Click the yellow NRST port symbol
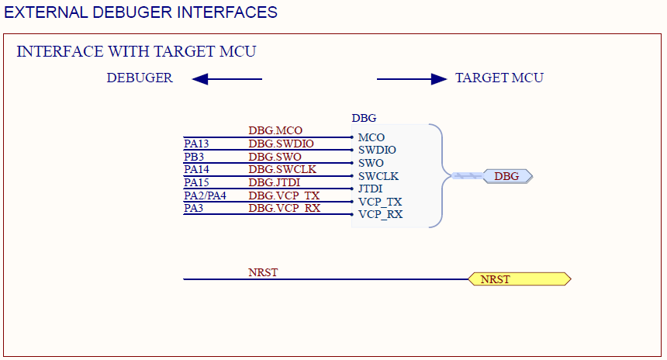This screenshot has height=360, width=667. coord(520,279)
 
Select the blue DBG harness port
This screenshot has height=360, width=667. coord(507,176)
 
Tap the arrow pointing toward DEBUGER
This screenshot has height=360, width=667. coord(227,79)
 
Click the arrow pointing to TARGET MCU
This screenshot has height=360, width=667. coord(412,79)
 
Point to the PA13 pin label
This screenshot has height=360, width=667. coord(196,144)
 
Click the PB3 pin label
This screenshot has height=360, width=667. coord(194,157)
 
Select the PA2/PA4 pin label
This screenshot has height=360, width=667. coord(205,196)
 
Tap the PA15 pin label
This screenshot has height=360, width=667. coord(196,182)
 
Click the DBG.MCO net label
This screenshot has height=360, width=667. coord(275,130)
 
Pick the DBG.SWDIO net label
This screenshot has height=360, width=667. coord(282,144)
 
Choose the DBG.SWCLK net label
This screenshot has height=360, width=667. coord(282,169)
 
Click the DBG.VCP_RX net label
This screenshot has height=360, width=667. coord(284,208)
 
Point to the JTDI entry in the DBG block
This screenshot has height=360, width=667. coord(370,189)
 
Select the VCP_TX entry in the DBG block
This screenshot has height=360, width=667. coord(380,202)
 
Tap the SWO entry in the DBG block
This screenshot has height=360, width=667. coord(371,163)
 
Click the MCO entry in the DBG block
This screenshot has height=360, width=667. coord(372,137)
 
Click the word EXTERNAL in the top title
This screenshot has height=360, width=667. coord(46,12)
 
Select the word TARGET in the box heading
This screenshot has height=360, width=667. coord(184,51)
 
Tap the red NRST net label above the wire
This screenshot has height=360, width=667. coord(263,272)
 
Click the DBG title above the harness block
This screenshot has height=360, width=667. coord(364,118)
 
